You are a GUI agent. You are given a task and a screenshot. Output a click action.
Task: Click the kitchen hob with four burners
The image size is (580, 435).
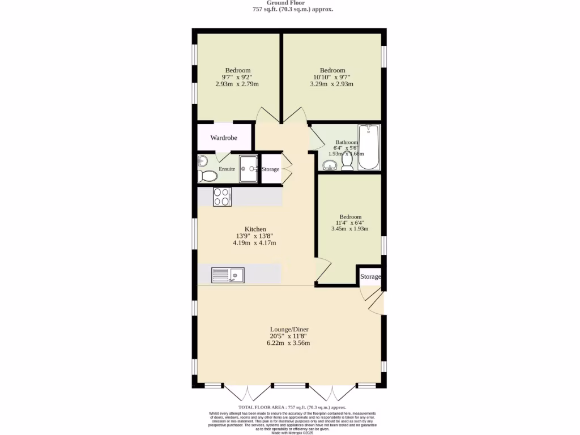point(221,197)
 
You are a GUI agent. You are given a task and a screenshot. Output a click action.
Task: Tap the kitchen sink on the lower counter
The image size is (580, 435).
point(228,275)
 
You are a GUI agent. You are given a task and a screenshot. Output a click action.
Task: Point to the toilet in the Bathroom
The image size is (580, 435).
point(347,162)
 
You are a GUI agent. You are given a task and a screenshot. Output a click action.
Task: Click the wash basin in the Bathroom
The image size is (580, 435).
point(329,165)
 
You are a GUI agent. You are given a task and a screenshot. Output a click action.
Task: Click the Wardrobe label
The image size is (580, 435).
point(223,138)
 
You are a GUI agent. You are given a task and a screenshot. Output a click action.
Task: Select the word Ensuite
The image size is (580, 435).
point(227,169)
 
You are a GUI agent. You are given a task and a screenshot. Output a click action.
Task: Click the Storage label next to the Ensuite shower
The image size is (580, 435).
point(270,169)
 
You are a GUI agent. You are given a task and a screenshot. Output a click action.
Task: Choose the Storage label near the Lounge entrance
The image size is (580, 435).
point(371,276)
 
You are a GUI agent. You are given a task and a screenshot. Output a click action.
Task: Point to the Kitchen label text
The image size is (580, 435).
point(255,229)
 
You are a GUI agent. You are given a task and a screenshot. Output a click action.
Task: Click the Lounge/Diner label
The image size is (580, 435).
point(289,329)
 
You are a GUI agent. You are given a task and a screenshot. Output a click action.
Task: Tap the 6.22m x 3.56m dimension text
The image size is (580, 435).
point(288,343)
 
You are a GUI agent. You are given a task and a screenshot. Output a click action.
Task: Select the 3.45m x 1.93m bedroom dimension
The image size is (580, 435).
point(350,229)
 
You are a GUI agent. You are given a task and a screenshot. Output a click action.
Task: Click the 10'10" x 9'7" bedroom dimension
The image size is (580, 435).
point(332,77)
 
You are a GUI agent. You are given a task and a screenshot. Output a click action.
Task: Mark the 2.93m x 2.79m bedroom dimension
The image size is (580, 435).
point(237,84)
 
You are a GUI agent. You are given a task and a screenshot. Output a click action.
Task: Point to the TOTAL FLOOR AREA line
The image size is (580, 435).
point(292,407)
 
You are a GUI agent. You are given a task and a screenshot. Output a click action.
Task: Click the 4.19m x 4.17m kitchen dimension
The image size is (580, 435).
point(254,242)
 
